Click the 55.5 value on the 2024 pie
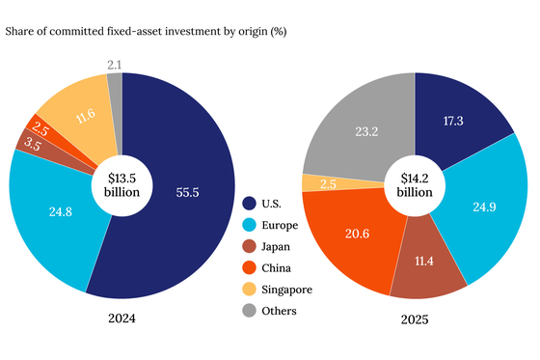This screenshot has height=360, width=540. point(188,193)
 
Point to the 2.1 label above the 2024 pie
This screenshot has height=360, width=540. point(115,64)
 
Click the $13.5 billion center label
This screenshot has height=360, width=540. point(121,183)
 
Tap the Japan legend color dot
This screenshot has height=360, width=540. point(251,246)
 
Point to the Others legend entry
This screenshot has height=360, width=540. point(279,310)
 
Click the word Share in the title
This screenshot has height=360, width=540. point(22,32)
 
